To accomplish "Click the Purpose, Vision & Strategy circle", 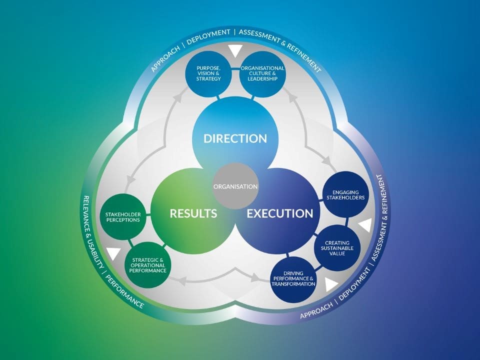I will [x=208, y=74].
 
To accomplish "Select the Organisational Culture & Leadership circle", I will [x=262, y=74].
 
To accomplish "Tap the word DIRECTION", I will [x=235, y=138].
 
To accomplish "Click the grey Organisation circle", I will [x=235, y=186].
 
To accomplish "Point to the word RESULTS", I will [x=193, y=213].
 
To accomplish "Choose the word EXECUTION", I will [x=280, y=213].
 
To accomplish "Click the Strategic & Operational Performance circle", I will [x=147, y=265].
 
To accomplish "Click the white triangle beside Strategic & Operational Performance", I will [x=114, y=253].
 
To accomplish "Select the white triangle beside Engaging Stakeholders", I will [x=365, y=226].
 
